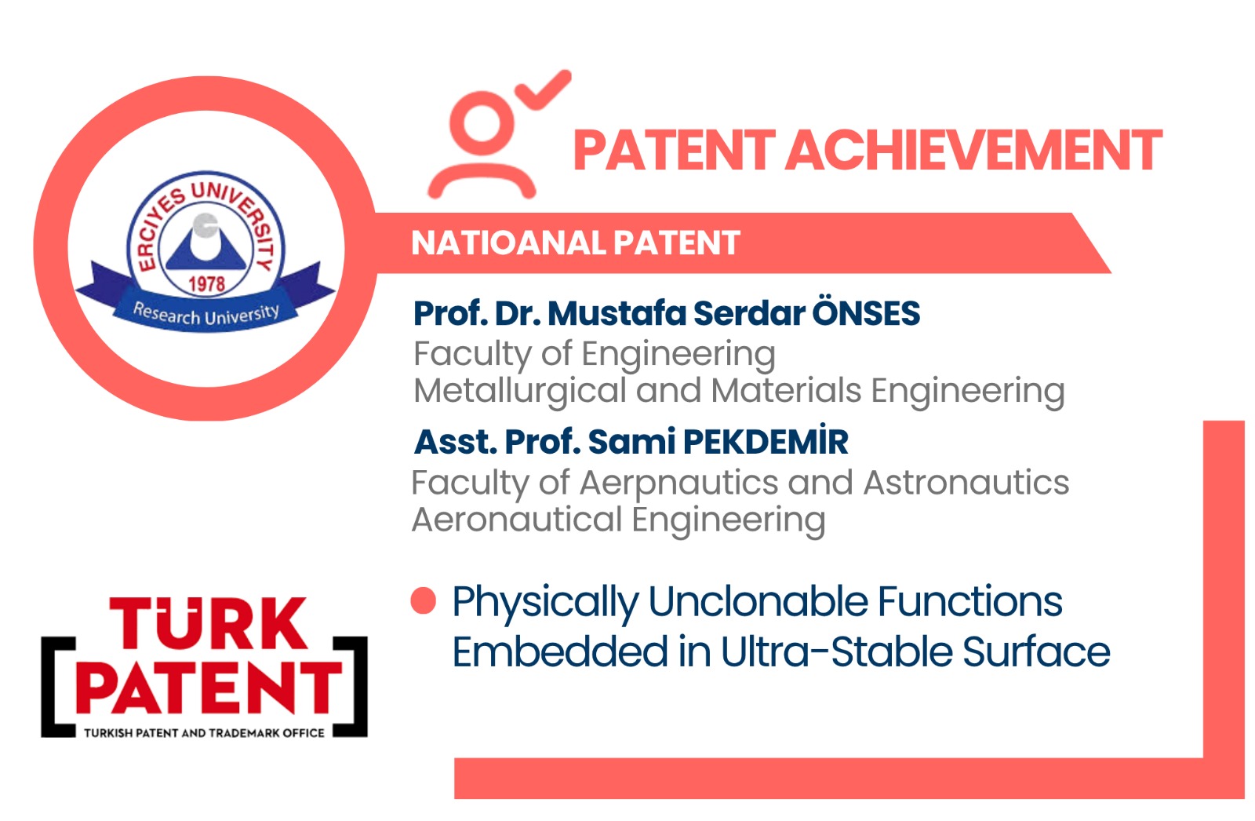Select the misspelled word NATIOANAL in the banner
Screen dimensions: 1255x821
tap(507, 243)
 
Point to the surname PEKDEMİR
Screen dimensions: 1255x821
tap(766, 441)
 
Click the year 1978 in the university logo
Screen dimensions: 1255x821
tap(207, 284)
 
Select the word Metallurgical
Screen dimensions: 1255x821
tap(519, 392)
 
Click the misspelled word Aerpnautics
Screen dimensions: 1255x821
tap(678, 483)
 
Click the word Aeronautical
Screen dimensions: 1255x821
tap(517, 520)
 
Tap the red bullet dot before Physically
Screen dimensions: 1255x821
tap(423, 600)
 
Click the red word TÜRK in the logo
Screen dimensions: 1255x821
tap(209, 622)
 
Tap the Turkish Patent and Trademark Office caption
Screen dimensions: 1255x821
tap(204, 733)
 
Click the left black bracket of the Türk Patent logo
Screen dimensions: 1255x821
tap(58, 687)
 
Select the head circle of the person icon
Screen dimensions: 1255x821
tap(482, 122)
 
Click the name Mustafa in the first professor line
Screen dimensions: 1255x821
tap(617, 312)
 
